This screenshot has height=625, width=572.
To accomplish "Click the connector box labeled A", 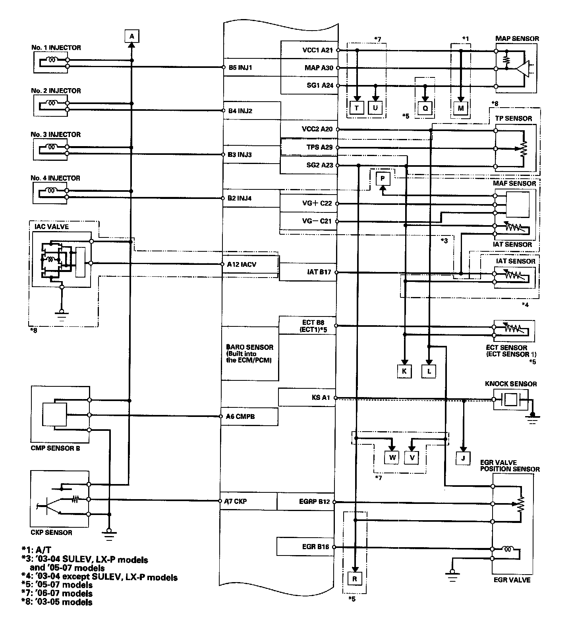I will coord(132,37).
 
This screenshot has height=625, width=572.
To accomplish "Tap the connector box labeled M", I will coord(461,108).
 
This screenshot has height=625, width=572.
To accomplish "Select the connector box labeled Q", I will coord(425,108).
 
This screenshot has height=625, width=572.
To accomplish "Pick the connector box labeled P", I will coord(383,179).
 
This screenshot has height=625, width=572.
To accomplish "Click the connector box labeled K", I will coord(404,371).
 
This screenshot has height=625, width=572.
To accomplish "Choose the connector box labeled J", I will coord(463,458).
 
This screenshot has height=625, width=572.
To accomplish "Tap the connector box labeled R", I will coord(354,579).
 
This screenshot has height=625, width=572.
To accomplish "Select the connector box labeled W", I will coord(392,457).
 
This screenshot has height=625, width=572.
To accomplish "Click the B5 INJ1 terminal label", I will coord(240,68).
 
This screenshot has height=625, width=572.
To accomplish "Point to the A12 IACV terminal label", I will coord(242,264).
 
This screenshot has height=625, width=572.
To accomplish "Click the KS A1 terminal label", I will coord(321,397).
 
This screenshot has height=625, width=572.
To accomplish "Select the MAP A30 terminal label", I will coord(319,68).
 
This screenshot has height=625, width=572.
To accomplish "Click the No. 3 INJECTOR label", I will coord(56,134).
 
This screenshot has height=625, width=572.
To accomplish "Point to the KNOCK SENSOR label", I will coord(510,384).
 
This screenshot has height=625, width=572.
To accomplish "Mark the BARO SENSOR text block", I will coord(249,354).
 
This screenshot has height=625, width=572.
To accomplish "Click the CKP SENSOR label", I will coord(51,532).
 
